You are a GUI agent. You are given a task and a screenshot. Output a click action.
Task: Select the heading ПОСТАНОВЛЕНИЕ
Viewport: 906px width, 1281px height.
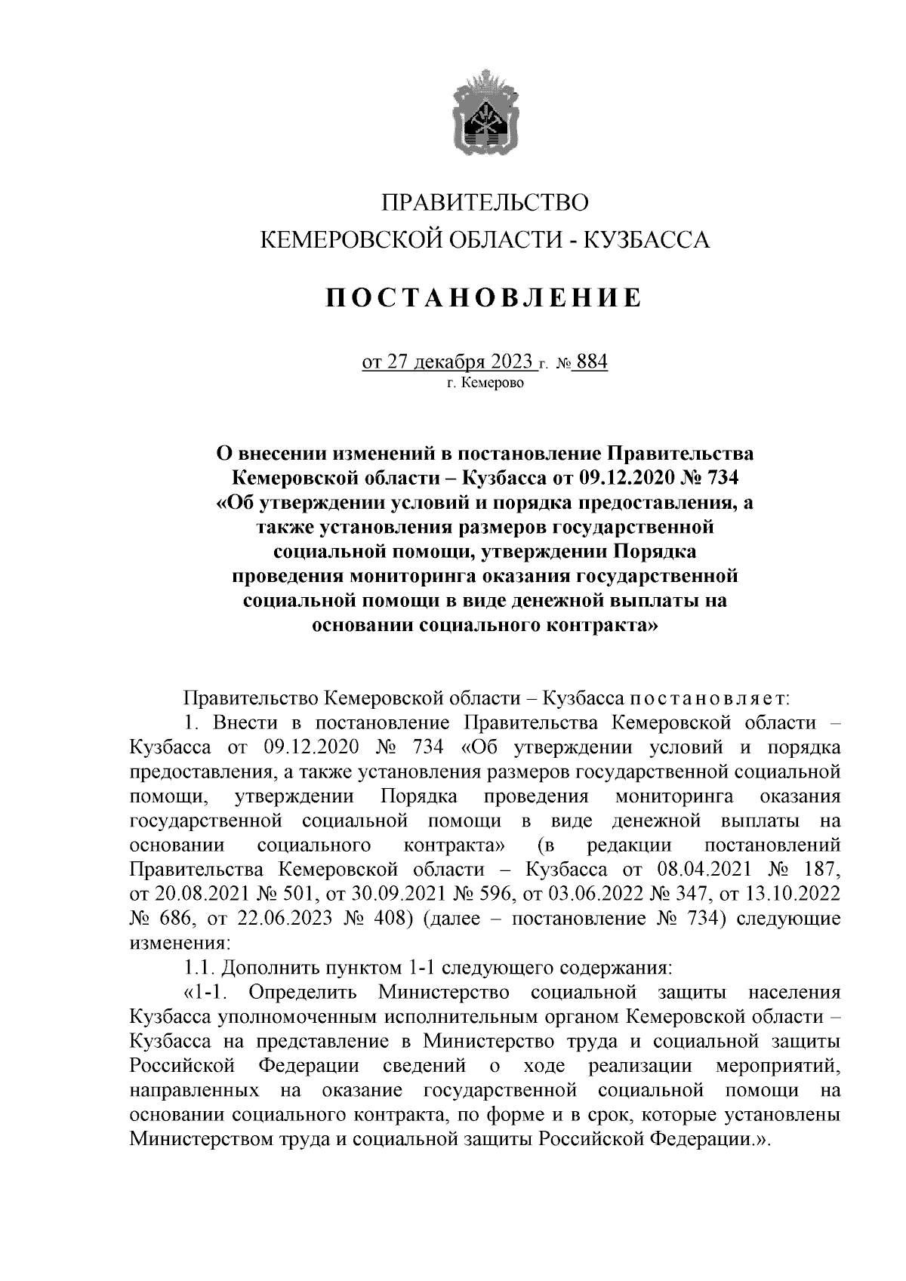(x=484, y=298)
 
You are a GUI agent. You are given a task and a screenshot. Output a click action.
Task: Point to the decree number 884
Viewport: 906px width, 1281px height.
(x=591, y=362)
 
